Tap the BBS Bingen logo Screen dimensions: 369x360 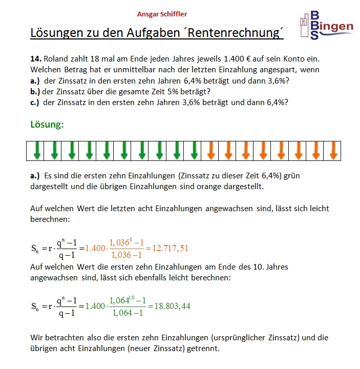[326, 26]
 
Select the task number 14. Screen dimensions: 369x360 [36, 59]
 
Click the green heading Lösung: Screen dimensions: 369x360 [47, 125]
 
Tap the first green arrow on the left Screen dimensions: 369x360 [37, 150]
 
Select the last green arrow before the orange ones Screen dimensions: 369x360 [194, 150]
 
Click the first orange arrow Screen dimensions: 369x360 [211, 150]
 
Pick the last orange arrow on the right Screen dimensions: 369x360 [333, 150]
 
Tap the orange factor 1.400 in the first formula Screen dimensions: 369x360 [95, 249]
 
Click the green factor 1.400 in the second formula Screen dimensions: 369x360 [95, 306]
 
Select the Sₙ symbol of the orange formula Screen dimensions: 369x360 [35, 249]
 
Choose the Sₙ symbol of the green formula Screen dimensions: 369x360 [35, 306]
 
